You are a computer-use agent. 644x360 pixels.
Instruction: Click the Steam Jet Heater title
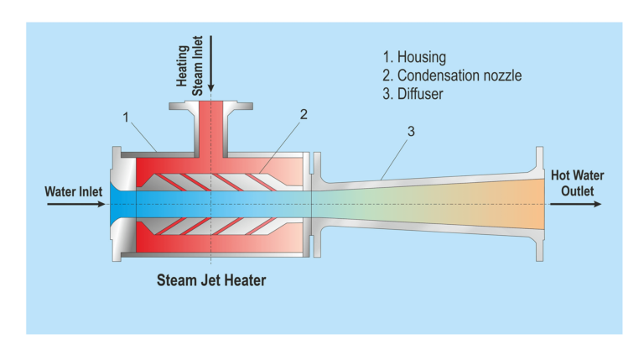point(211,280)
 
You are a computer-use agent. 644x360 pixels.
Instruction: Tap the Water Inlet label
point(73,191)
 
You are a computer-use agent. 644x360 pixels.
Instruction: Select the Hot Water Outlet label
point(577,183)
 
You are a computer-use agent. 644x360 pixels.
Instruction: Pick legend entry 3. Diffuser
point(412,94)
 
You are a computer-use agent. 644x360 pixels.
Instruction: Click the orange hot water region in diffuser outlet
point(512,204)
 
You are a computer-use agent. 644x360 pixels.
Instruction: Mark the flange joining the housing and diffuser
point(315,204)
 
